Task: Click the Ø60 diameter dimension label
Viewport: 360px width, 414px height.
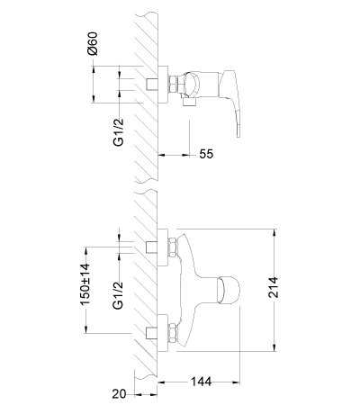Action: (x=93, y=43)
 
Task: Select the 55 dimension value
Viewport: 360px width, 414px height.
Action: (x=206, y=154)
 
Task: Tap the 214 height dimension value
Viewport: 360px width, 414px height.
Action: (x=273, y=287)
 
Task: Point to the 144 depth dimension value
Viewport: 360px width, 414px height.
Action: (x=201, y=382)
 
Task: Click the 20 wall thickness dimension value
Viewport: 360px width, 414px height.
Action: (x=119, y=394)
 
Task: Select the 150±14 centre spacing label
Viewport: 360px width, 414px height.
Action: (x=85, y=284)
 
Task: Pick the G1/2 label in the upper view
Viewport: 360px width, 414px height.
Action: (x=119, y=132)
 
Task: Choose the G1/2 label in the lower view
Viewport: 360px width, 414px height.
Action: (x=118, y=295)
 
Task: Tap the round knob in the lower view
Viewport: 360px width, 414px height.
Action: (x=229, y=289)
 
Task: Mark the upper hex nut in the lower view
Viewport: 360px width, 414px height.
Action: (x=173, y=247)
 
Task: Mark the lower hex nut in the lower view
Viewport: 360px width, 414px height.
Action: (x=173, y=333)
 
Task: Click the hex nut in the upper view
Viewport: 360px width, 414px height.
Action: (x=173, y=85)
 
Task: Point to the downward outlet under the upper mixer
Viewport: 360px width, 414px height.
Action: (x=189, y=102)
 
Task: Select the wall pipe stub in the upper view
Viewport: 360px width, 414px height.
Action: (x=152, y=85)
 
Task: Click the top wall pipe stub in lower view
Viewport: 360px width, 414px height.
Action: (x=151, y=247)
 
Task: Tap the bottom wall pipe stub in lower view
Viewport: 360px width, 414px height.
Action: (x=151, y=333)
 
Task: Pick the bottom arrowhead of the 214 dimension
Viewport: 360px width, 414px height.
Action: (x=274, y=347)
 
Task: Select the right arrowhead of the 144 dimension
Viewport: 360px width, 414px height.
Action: (x=236, y=382)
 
